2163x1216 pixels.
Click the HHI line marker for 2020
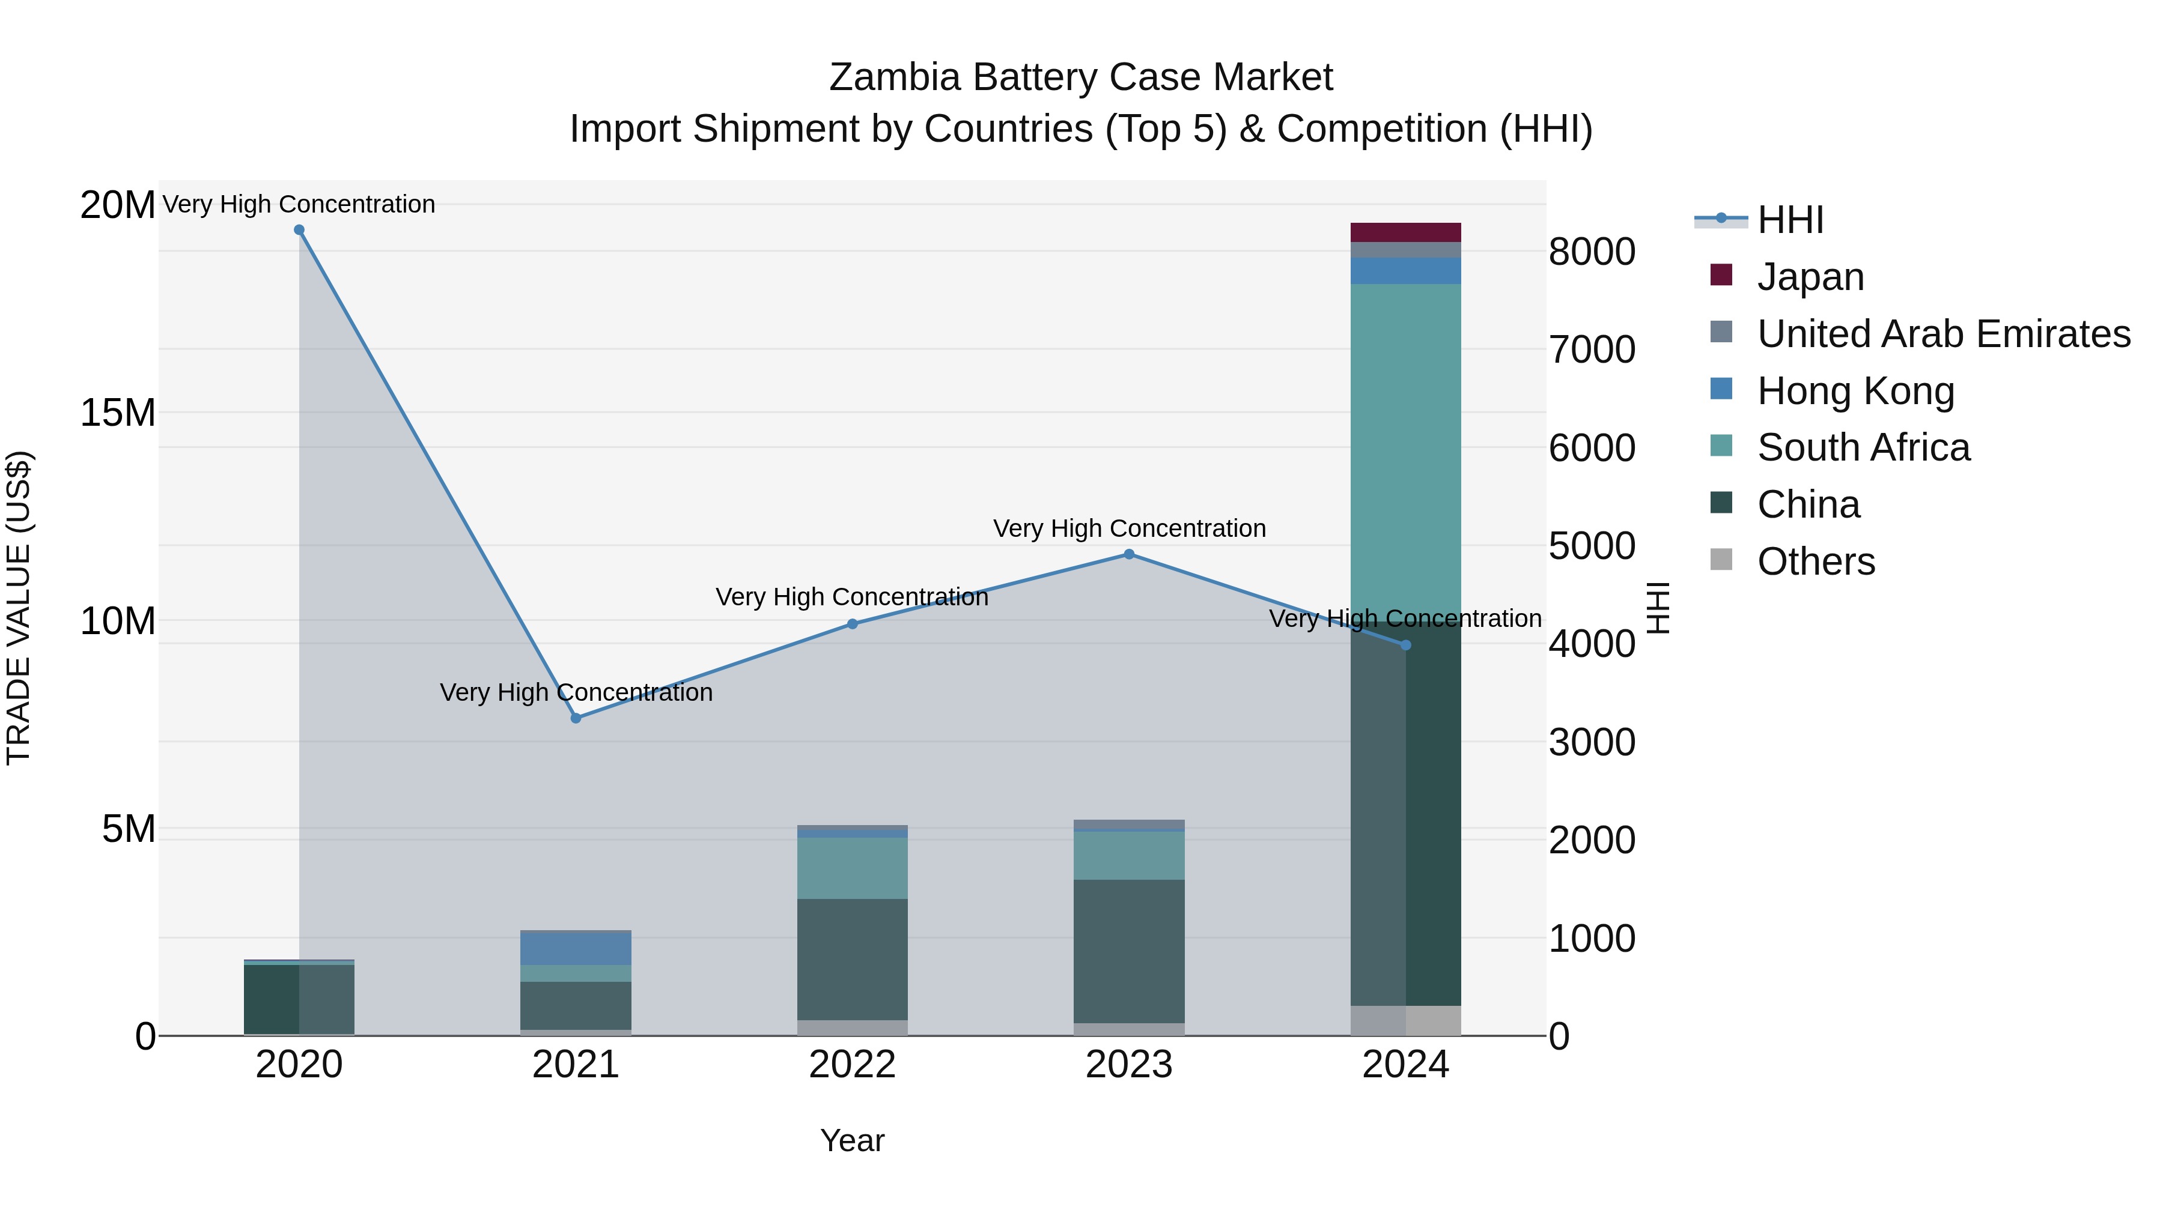click(299, 230)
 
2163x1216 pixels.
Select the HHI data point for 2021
click(576, 718)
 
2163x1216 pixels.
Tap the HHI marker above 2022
click(852, 625)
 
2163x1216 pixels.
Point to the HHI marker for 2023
click(1130, 555)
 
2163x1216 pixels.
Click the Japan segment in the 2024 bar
click(1405, 232)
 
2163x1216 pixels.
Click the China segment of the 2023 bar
click(1130, 952)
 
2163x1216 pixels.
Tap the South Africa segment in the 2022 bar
click(852, 868)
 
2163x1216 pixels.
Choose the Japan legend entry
click(1810, 277)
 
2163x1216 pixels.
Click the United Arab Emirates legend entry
click(1943, 334)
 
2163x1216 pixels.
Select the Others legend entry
click(1815, 561)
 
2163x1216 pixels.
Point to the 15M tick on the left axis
click(118, 413)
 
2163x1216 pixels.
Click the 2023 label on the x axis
click(1130, 1065)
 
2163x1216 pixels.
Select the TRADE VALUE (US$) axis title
click(19, 608)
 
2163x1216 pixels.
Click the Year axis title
click(852, 1140)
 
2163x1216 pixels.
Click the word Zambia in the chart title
click(894, 77)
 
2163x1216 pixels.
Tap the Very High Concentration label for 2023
click(1130, 528)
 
